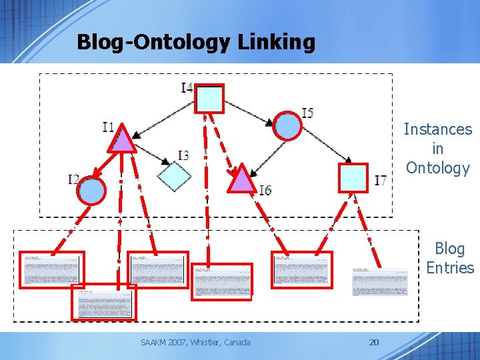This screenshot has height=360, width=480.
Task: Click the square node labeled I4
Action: coord(209,99)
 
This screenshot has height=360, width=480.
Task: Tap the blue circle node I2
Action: coord(92,191)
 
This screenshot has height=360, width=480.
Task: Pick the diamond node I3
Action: coord(174,176)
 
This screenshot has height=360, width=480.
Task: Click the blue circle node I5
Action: coord(288,126)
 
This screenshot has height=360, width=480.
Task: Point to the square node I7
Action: coord(353,177)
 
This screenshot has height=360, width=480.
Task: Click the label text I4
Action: coord(187,87)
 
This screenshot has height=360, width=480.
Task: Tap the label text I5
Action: coord(307,113)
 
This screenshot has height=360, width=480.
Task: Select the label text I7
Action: coord(381,180)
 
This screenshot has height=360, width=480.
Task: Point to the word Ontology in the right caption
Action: coord(437,168)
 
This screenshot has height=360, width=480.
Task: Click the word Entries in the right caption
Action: coord(450,268)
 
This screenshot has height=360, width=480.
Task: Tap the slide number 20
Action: coord(374,343)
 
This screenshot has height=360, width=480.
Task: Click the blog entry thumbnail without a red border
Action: coord(380,281)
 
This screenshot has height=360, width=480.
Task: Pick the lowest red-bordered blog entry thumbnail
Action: coord(103,303)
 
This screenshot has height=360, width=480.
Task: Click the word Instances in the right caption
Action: coord(437,129)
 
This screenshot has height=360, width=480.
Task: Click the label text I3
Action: coord(183,155)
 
